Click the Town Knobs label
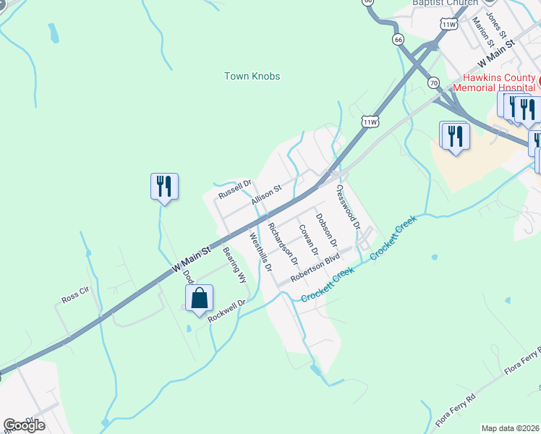point(252,76)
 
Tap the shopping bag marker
point(199,298)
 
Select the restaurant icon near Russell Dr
point(164,187)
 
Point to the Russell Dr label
point(234,190)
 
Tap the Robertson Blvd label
point(315,268)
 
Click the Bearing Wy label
point(235,265)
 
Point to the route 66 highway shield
point(399,40)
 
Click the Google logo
point(24,425)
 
